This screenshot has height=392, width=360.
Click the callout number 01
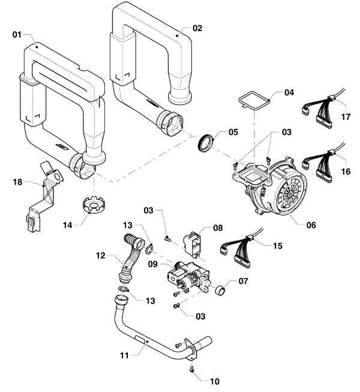click(17, 35)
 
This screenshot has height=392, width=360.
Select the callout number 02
click(197, 28)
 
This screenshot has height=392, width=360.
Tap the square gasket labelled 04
click(254, 101)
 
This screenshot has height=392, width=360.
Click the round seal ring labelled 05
click(205, 143)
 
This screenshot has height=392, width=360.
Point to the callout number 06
click(311, 225)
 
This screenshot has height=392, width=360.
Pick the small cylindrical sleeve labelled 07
click(220, 290)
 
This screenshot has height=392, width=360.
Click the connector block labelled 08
click(193, 245)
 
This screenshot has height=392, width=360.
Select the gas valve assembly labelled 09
click(188, 277)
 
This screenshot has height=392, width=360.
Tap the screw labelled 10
click(192, 368)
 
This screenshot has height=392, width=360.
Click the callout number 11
click(124, 355)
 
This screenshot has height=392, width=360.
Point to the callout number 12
click(101, 255)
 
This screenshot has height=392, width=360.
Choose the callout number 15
click(277, 246)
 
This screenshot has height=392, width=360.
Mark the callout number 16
click(346, 171)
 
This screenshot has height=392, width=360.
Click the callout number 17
click(346, 117)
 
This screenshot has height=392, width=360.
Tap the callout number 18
click(17, 182)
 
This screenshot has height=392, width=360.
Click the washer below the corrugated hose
click(124, 290)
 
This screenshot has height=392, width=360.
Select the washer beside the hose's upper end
click(149, 249)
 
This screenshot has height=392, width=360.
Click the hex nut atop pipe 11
click(121, 299)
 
